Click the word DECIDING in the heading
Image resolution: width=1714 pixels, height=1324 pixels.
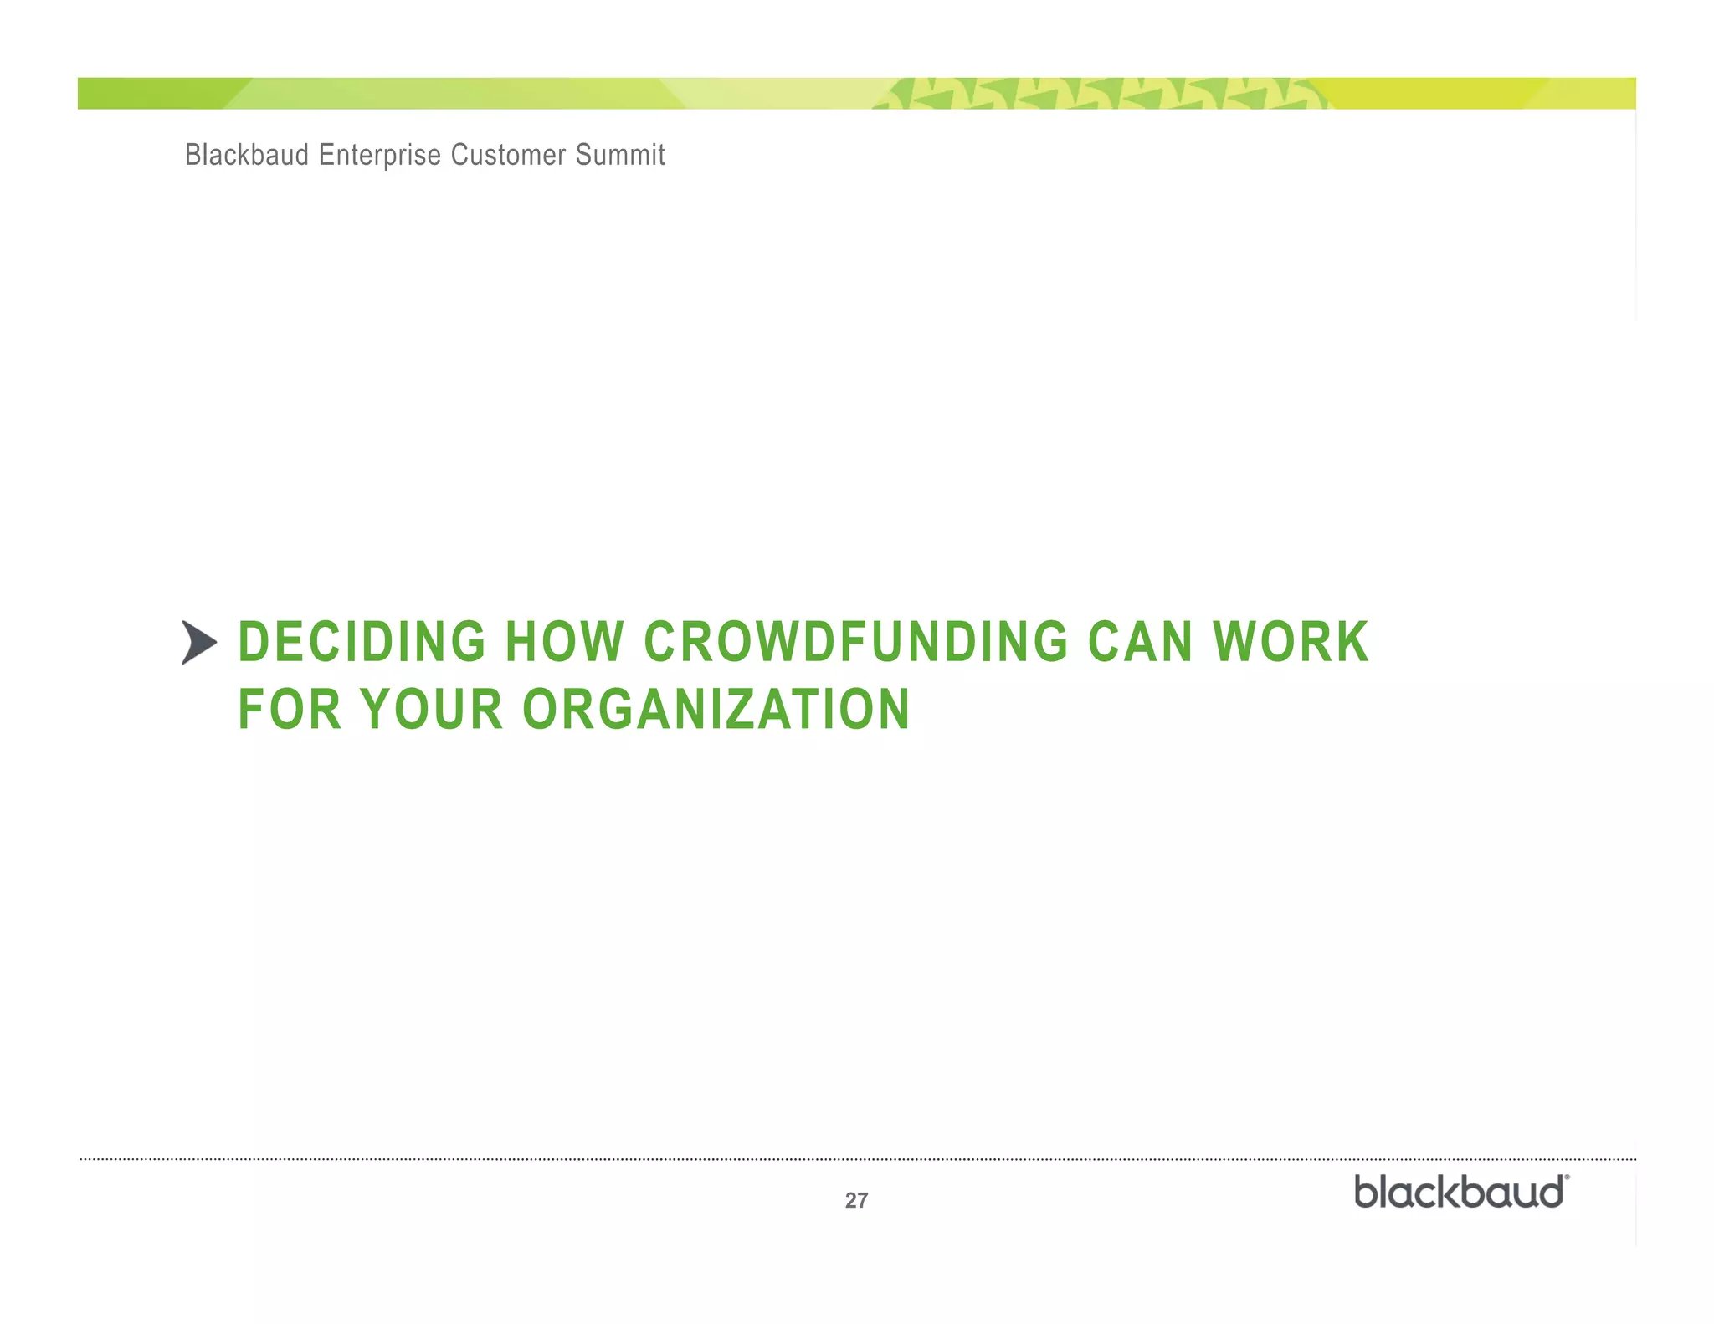tap(362, 643)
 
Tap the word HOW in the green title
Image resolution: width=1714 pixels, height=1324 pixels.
tap(565, 643)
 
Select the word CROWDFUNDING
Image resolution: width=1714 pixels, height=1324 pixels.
tap(855, 643)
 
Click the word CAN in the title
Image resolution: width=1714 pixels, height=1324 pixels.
tap(1140, 643)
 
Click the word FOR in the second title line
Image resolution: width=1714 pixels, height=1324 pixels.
tap(290, 710)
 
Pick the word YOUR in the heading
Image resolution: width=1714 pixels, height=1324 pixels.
tap(431, 710)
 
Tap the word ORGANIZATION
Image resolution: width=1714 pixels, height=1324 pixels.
tap(716, 710)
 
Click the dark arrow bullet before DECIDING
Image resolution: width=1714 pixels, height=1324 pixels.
tap(199, 643)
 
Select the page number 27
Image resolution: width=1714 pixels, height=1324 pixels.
tap(856, 1200)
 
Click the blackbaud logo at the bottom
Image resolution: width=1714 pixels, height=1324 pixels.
tap(1459, 1192)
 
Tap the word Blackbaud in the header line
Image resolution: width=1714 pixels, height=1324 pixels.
tap(247, 155)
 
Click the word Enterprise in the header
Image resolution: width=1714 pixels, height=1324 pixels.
tap(379, 155)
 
